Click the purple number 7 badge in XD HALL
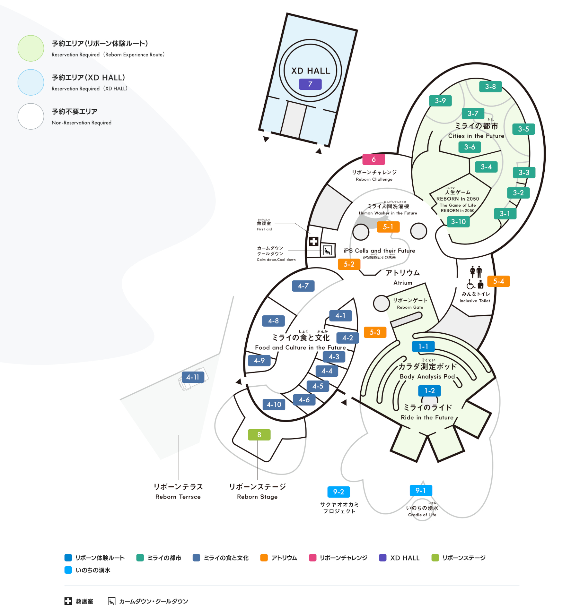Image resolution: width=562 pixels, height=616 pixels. pyautogui.click(x=310, y=84)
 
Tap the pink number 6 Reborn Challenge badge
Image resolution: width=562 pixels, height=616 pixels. pyautogui.click(x=373, y=159)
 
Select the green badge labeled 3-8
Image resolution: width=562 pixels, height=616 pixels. pyautogui.click(x=490, y=86)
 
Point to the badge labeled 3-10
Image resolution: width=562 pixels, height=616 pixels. pyautogui.click(x=458, y=222)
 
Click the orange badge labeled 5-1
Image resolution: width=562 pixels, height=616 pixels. pyautogui.click(x=388, y=227)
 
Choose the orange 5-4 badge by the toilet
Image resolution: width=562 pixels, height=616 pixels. pyautogui.click(x=498, y=281)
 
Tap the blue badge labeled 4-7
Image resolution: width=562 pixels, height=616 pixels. pyautogui.click(x=303, y=286)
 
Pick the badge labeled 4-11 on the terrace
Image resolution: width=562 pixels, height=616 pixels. pyautogui.click(x=193, y=377)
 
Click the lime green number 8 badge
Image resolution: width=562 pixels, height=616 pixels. pyautogui.click(x=259, y=435)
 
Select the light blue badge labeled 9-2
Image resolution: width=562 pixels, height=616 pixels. pyautogui.click(x=338, y=492)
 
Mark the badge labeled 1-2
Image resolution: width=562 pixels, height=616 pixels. pyautogui.click(x=429, y=391)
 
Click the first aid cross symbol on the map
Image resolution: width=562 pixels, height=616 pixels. pyautogui.click(x=313, y=241)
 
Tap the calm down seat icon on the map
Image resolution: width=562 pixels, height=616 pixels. pyautogui.click(x=327, y=250)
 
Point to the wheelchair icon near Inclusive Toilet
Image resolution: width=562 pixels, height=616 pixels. pyautogui.click(x=470, y=284)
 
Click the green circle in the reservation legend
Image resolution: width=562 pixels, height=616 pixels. pyautogui.click(x=31, y=48)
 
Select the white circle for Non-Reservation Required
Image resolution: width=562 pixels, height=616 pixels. pyautogui.click(x=31, y=116)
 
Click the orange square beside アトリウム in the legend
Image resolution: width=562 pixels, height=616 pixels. pyautogui.click(x=264, y=558)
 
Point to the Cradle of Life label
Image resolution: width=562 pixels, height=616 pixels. pyautogui.click(x=422, y=515)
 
